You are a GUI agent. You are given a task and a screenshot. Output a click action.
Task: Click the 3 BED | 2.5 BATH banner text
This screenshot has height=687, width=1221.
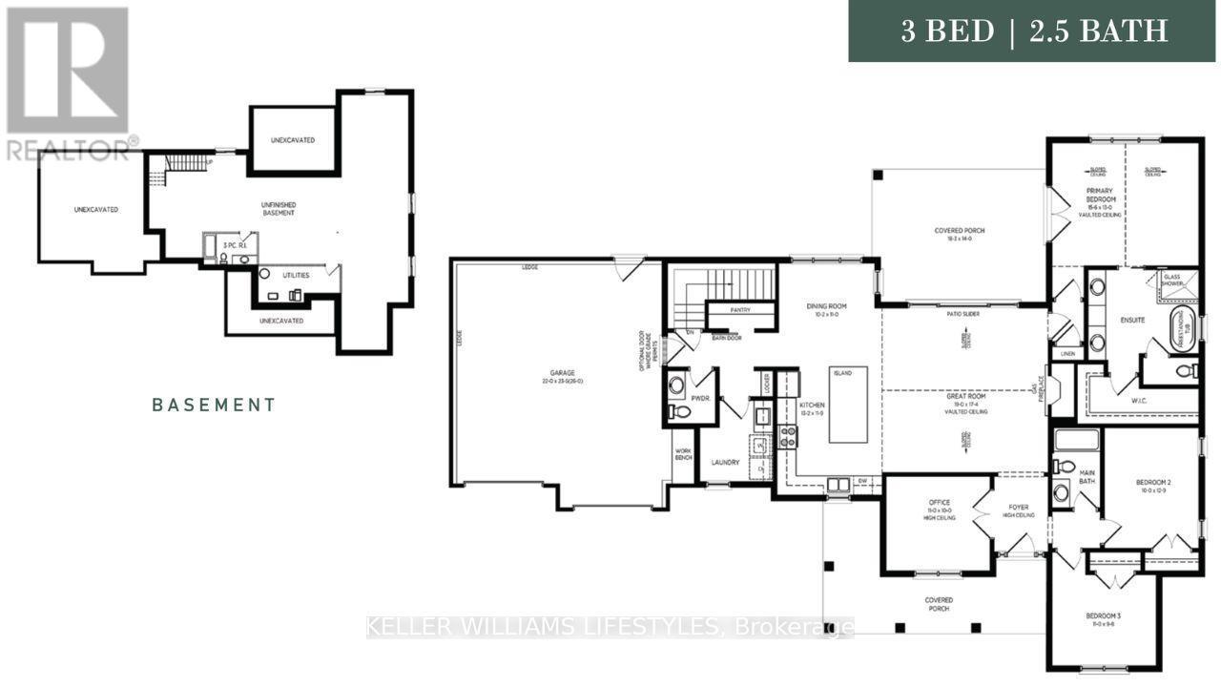1035,31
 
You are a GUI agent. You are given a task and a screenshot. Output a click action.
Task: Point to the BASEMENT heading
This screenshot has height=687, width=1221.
215,405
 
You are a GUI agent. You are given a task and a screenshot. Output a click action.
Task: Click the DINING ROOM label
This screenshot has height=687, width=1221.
826,306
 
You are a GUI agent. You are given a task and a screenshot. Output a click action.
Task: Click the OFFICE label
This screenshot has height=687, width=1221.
939,503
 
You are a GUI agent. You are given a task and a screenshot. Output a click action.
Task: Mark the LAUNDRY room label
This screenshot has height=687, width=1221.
725,463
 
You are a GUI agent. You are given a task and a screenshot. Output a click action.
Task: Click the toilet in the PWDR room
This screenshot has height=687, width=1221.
678,412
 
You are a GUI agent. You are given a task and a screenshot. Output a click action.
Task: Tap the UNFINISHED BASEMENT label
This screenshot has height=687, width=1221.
279,208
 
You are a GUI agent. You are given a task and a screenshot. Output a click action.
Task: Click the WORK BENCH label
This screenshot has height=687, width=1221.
682,454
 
